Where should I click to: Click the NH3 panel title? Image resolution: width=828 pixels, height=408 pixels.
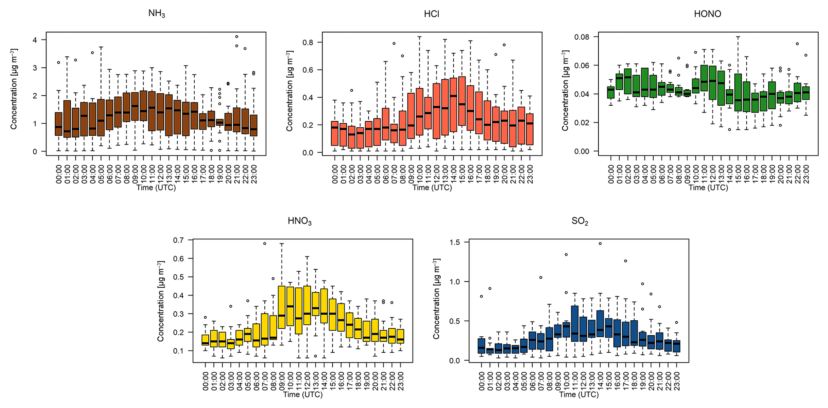click(157, 14)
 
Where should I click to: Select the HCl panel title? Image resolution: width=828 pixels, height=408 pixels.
click(431, 14)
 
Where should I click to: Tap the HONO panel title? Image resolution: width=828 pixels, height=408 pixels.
click(707, 14)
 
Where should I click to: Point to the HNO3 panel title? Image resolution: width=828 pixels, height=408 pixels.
click(300, 221)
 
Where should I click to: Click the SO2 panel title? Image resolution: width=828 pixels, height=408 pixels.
click(580, 221)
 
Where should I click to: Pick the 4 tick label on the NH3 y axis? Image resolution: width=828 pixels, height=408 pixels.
click(35, 40)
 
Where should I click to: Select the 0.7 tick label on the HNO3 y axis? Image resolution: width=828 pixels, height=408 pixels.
click(178, 240)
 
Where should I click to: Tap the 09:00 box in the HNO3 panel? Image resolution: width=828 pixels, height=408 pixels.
click(282, 307)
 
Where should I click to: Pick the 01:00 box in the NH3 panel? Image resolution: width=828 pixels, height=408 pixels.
click(67, 119)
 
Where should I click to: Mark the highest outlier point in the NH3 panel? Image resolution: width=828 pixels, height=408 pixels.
click(237, 37)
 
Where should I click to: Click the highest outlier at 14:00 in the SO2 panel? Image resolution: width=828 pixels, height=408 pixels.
click(600, 243)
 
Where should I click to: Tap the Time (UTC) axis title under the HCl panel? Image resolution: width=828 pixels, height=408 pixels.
click(432, 188)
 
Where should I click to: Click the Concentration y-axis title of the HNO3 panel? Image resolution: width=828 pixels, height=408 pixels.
click(161, 301)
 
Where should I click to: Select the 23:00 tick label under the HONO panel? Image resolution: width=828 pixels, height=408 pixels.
click(806, 174)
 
